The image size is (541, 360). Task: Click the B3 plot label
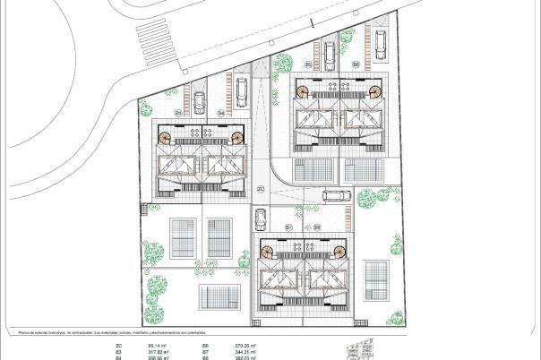pyautogui.click(x=178, y=114)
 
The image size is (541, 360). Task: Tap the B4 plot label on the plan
pyautogui.click(x=220, y=114)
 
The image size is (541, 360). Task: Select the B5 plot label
pyautogui.click(x=309, y=64)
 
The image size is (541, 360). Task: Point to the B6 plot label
pyautogui.click(x=356, y=64)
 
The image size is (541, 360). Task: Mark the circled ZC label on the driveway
pyautogui.click(x=260, y=189)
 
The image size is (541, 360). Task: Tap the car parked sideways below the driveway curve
pyautogui.click(x=336, y=196)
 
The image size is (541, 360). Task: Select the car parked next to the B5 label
pyautogui.click(x=330, y=56)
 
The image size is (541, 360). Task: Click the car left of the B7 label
pyautogui.click(x=261, y=219)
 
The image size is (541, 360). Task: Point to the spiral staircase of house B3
pyautogui.click(x=167, y=137)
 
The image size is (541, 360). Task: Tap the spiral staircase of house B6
pyautogui.click(x=374, y=90)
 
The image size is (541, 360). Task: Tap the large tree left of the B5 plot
pyautogui.click(x=284, y=64)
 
